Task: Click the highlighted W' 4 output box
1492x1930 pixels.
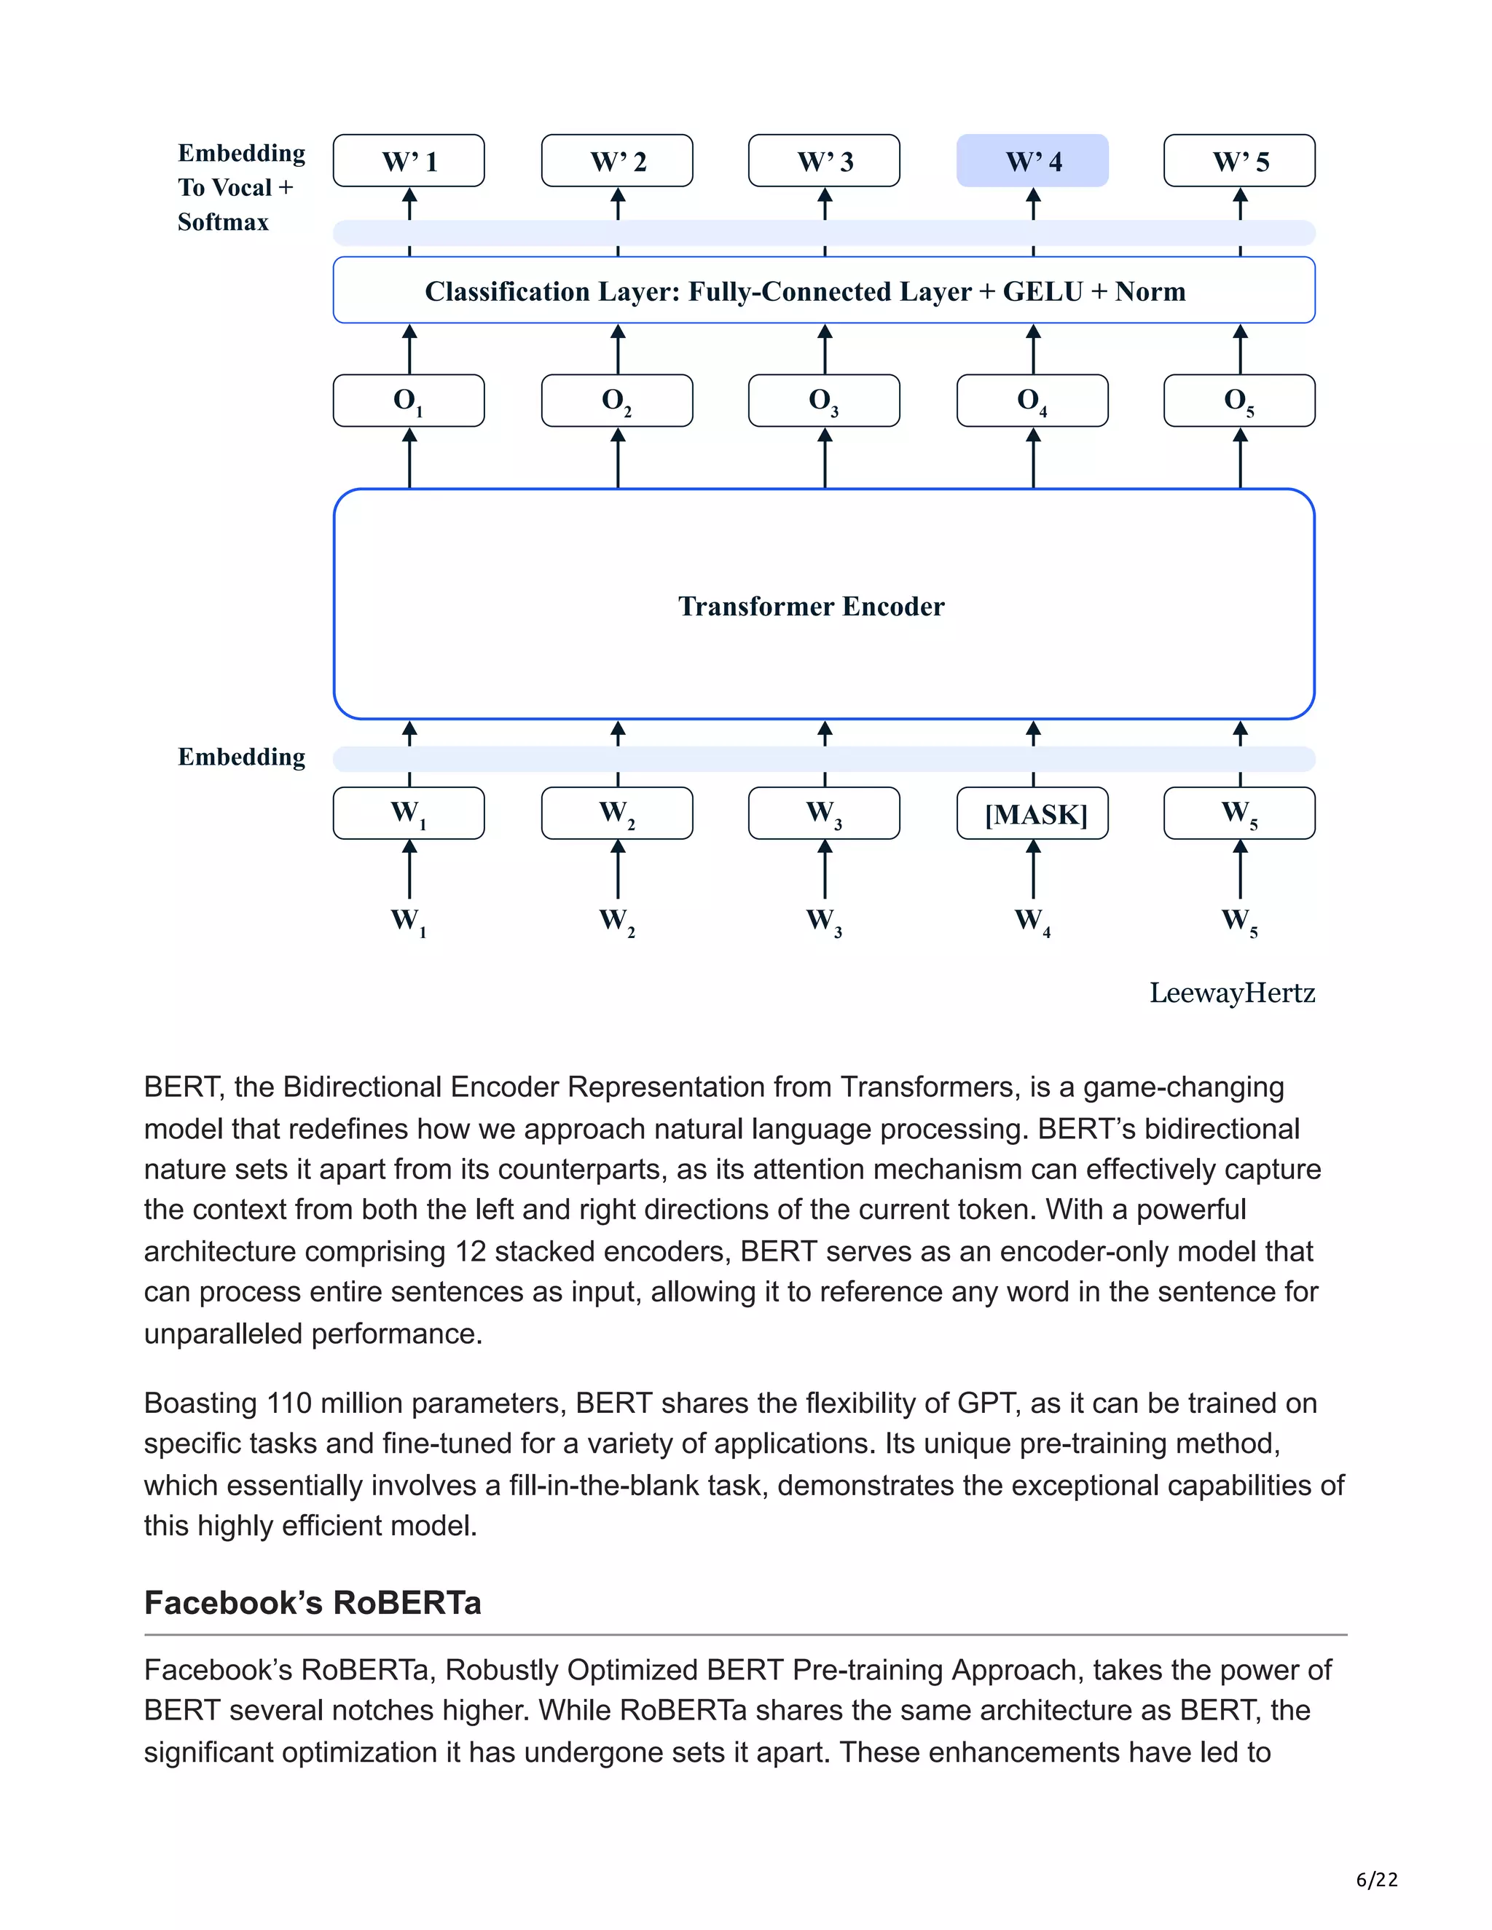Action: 1032,161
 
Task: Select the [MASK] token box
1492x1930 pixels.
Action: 1032,813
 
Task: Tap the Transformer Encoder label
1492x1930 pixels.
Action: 811,606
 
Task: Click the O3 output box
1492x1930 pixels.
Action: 824,401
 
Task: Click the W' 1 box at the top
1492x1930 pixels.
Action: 409,161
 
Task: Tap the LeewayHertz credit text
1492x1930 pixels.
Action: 1231,993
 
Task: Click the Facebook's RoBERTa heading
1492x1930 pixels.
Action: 312,1602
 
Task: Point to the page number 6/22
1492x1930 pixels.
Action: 1376,1879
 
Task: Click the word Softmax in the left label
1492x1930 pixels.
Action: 223,222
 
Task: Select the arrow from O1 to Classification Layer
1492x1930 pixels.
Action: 409,349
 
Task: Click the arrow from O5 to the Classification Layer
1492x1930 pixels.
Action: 1240,349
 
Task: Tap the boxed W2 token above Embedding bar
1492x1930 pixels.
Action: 617,813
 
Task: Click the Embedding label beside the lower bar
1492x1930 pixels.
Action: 241,757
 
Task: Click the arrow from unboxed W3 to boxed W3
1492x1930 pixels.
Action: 825,870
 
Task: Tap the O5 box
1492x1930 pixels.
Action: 1239,401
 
